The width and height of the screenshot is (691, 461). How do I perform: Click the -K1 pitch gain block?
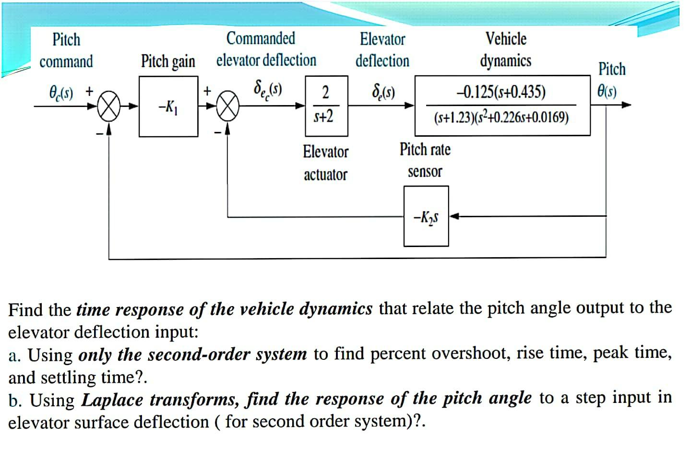(168, 106)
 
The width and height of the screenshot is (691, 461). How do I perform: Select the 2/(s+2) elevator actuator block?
(326, 106)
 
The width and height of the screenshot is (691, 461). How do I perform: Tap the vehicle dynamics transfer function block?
(502, 106)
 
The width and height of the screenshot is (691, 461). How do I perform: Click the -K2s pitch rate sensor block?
(426, 216)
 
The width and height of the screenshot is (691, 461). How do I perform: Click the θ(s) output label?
(607, 91)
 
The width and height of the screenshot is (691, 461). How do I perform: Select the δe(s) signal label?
(383, 91)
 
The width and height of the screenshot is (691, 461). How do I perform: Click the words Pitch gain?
(168, 61)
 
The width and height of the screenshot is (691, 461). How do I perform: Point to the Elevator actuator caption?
(325, 163)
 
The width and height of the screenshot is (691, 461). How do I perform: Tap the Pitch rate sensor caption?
(425, 160)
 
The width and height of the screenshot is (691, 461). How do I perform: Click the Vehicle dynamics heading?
(506, 49)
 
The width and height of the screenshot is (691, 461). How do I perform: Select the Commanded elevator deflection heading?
(266, 49)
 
